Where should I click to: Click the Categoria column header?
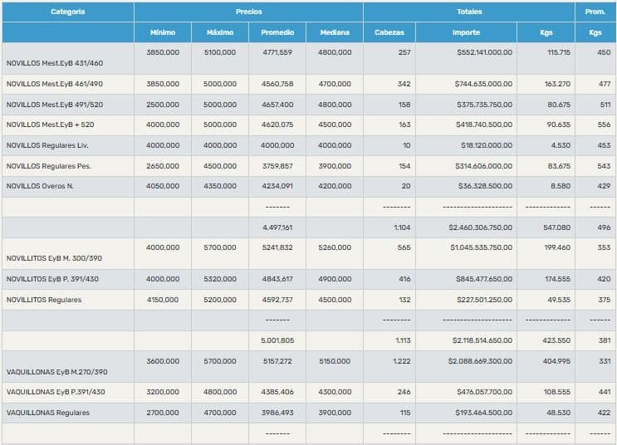pyautogui.click(x=67, y=12)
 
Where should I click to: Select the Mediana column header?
pyautogui.click(x=334, y=32)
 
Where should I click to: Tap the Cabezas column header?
pyautogui.click(x=389, y=32)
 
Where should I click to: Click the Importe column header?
pyautogui.click(x=466, y=32)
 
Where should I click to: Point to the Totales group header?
pyautogui.click(x=469, y=12)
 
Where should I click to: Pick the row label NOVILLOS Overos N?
pyautogui.click(x=40, y=186)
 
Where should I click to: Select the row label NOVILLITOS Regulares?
pyautogui.click(x=44, y=300)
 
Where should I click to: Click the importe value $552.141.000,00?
pyautogui.click(x=484, y=52)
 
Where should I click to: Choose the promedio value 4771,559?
pyautogui.click(x=277, y=52)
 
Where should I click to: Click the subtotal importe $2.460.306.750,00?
pyautogui.click(x=480, y=227)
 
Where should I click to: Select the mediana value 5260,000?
pyautogui.click(x=335, y=247)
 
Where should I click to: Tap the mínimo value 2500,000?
pyautogui.click(x=163, y=105)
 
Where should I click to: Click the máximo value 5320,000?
pyautogui.click(x=220, y=279)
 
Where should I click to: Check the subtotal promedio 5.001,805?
pyautogui.click(x=277, y=340)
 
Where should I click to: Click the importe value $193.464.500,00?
pyautogui.click(x=484, y=413)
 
